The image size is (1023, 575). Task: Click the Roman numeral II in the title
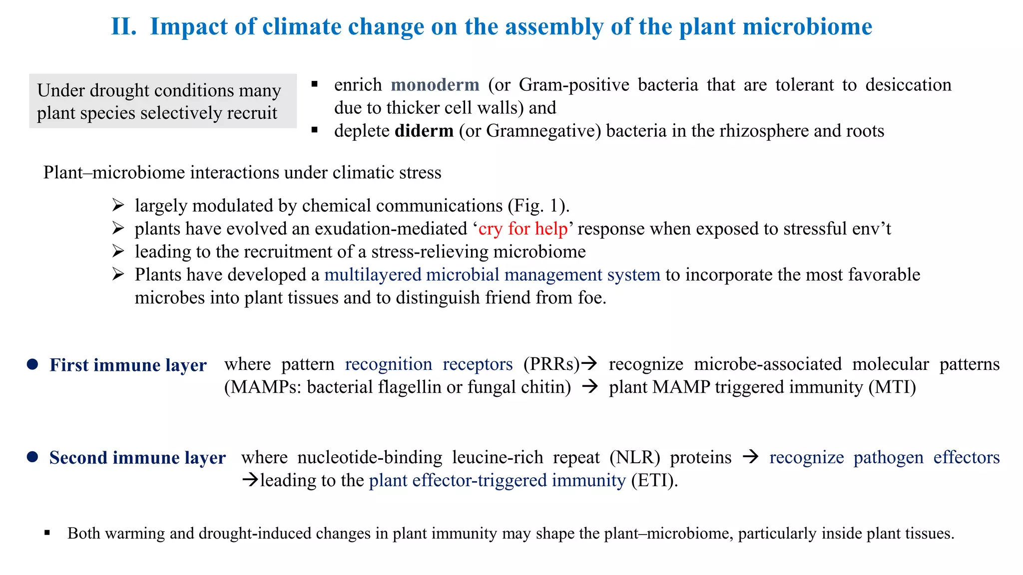point(123,26)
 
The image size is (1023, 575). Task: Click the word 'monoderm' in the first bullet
point(435,85)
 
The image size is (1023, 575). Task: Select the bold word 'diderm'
point(424,131)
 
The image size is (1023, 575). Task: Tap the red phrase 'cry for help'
point(523,229)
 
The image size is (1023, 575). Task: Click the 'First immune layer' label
point(128,365)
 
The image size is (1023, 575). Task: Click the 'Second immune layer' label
point(137,458)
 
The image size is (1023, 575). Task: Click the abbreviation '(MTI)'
point(892,387)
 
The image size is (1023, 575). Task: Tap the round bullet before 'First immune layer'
point(32,364)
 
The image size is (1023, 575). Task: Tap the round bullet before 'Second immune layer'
point(32,457)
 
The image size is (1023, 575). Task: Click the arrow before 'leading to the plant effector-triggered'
point(250,480)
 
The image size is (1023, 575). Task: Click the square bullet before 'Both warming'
point(47,533)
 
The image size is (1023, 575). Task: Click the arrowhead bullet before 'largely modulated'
point(118,205)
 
